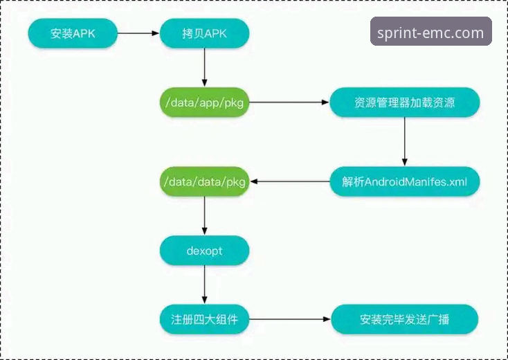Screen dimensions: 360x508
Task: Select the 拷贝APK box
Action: click(x=204, y=33)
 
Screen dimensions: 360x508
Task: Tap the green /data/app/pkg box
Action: click(x=204, y=102)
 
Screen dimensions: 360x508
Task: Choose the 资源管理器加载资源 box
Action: click(x=405, y=102)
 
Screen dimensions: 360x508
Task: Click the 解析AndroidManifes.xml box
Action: click(x=405, y=181)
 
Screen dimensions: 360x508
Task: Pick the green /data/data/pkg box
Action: click(x=204, y=181)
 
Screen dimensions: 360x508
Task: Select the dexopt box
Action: click(x=204, y=251)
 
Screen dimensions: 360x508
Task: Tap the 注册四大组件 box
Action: click(x=204, y=320)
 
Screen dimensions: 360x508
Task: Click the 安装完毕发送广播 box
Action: click(x=405, y=320)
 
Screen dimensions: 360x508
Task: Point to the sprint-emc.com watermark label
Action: click(x=430, y=32)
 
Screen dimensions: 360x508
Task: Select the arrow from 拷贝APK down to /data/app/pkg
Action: click(x=204, y=68)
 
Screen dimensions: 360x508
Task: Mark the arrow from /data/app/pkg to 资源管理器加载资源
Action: click(x=289, y=102)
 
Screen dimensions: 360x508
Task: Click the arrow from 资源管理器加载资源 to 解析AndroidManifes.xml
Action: click(x=405, y=142)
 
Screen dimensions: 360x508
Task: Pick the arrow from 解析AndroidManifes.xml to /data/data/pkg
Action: click(x=289, y=181)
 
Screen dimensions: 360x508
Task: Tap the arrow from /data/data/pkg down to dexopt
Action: click(x=204, y=216)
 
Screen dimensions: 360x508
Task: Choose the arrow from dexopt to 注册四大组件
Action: click(x=204, y=285)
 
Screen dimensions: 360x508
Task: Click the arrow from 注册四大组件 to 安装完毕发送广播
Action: click(x=289, y=320)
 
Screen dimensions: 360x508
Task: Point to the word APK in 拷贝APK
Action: click(x=217, y=33)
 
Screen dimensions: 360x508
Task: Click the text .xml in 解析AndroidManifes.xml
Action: click(x=456, y=181)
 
